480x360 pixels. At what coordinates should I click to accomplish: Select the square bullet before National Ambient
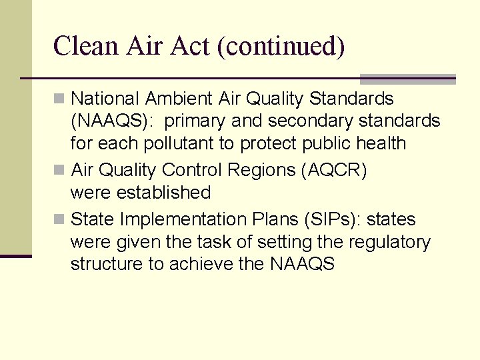point(60,99)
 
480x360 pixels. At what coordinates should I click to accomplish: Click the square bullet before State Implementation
point(60,219)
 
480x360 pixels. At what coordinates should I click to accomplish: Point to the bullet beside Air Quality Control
point(60,170)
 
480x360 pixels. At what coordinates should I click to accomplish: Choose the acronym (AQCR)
point(333,170)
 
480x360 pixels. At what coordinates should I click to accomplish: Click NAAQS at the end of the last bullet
point(302,264)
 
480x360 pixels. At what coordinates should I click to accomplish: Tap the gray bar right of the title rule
point(407,79)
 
